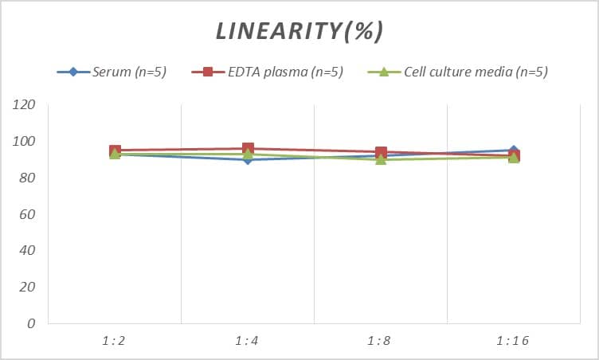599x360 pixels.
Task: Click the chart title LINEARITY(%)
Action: point(299,31)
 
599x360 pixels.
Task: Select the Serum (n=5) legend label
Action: point(129,72)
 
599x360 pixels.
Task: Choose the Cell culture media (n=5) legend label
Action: point(476,72)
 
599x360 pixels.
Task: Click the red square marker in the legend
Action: point(208,72)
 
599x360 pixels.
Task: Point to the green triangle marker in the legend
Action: point(382,72)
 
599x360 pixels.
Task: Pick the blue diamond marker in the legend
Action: point(73,72)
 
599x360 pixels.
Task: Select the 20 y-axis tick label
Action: point(29,287)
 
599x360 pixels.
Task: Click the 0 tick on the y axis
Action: point(32,323)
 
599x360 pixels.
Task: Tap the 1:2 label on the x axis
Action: point(115,341)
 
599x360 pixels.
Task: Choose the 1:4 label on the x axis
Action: point(248,341)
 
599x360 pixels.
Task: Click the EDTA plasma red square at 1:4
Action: point(248,149)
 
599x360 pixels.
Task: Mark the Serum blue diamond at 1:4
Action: point(248,159)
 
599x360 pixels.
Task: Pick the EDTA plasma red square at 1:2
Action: point(115,151)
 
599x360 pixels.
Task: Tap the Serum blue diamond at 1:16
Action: point(514,151)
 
